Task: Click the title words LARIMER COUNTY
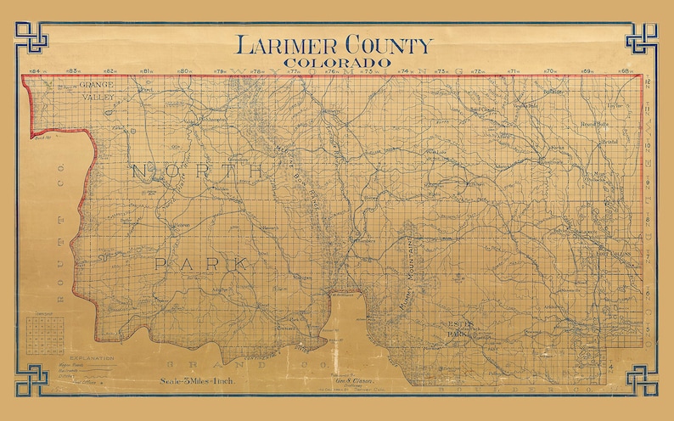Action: pyautogui.click(x=334, y=46)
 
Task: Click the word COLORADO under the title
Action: pyautogui.click(x=337, y=62)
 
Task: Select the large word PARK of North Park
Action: pyautogui.click(x=201, y=265)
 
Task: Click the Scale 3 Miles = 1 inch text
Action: pyautogui.click(x=197, y=381)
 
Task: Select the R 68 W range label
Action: pyautogui.click(x=626, y=71)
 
